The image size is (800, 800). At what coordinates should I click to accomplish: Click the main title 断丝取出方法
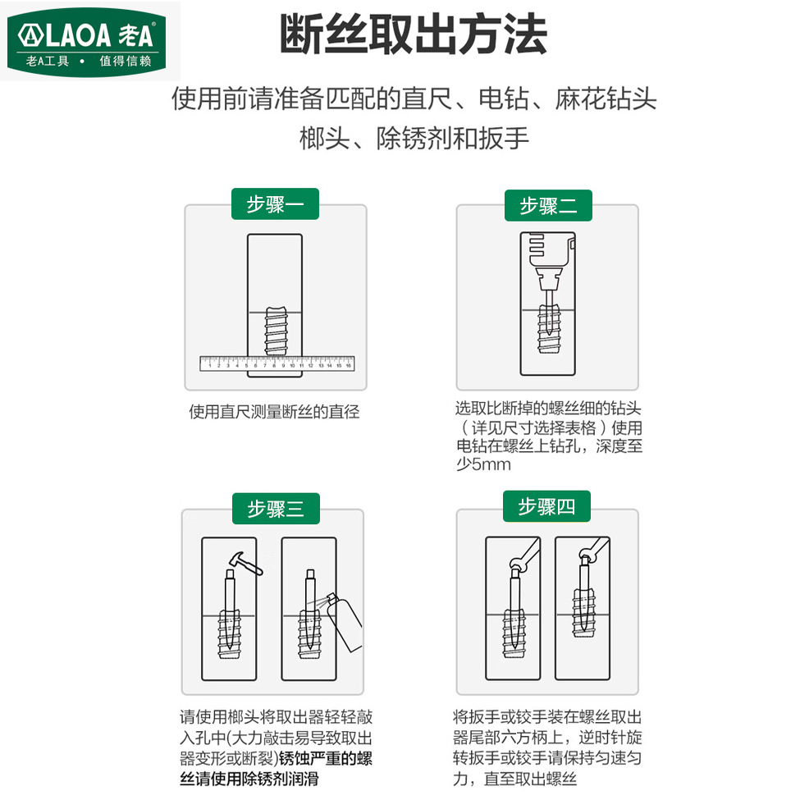413,36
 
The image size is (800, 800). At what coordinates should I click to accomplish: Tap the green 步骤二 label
548,206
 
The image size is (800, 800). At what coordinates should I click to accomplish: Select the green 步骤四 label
547,507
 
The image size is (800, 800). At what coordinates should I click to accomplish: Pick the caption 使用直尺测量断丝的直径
274,412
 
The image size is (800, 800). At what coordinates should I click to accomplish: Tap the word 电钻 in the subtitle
506,100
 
